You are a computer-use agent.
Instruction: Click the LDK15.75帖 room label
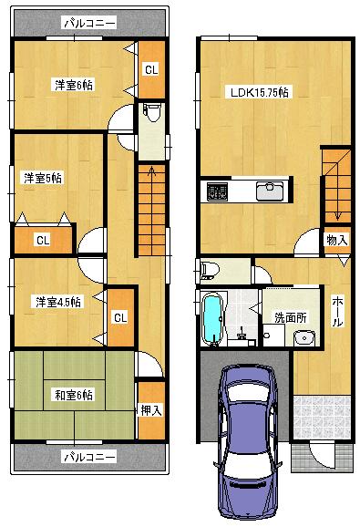click(259, 91)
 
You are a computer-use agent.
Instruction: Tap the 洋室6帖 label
click(74, 85)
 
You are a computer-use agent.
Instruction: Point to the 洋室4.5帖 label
click(57, 301)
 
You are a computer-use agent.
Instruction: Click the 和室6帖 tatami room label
click(72, 394)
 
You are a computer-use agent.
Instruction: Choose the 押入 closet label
click(150, 411)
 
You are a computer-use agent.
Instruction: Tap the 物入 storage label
click(336, 240)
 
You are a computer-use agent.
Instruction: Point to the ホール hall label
click(337, 310)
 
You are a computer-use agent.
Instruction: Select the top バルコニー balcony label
click(88, 23)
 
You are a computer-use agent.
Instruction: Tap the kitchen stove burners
click(218, 191)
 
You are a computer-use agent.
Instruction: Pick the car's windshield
click(244, 411)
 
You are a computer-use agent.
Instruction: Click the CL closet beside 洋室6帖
click(151, 67)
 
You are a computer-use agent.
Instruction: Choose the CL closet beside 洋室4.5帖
click(119, 317)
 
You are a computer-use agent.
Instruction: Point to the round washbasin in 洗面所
click(303, 339)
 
